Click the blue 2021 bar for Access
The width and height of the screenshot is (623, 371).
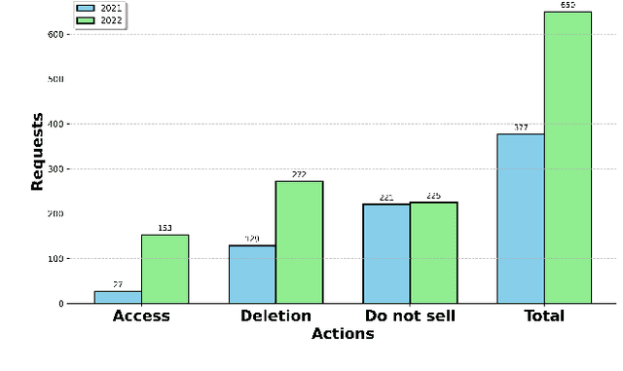tap(118, 297)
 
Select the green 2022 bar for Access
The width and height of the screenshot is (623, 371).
tap(165, 269)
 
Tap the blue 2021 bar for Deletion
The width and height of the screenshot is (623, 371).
tap(252, 274)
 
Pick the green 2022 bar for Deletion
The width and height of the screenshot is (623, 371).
tap(299, 242)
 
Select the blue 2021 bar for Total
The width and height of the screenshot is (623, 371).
tap(521, 218)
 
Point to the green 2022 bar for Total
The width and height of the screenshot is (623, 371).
tap(568, 157)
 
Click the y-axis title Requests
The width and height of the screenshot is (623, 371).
tap(37, 152)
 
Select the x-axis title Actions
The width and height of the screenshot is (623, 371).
tap(343, 334)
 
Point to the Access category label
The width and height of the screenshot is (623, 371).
tap(141, 315)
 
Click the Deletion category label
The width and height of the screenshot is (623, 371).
tap(275, 315)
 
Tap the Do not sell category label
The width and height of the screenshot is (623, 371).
tap(410, 315)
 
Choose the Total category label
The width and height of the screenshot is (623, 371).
tap(544, 315)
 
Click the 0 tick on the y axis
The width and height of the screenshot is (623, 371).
tap(60, 304)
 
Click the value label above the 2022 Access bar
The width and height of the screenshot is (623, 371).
tap(165, 229)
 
